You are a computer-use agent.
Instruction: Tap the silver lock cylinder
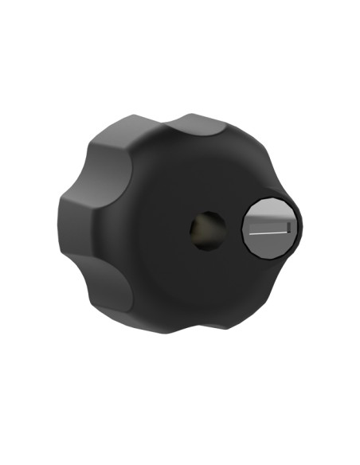pyautogui.click(x=269, y=226)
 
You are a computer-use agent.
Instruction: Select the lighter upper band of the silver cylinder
pyautogui.click(x=269, y=212)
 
